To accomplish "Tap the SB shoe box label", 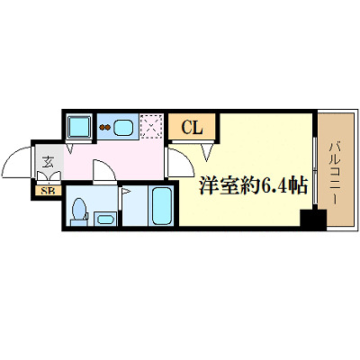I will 44,189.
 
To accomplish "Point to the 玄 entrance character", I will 45,165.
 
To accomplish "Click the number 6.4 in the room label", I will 274,186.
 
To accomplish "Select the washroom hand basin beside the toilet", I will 103,219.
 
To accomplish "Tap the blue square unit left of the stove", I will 79,127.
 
